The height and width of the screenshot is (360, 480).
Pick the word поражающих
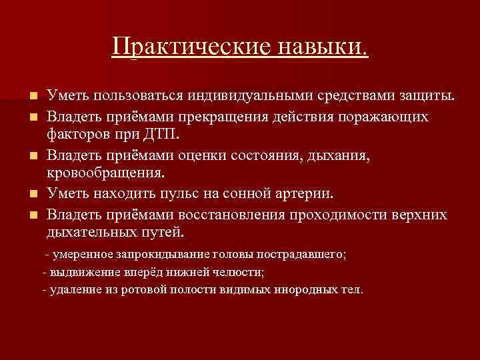pyautogui.click(x=389, y=117)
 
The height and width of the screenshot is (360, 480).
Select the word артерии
pyautogui.click(x=309, y=194)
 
